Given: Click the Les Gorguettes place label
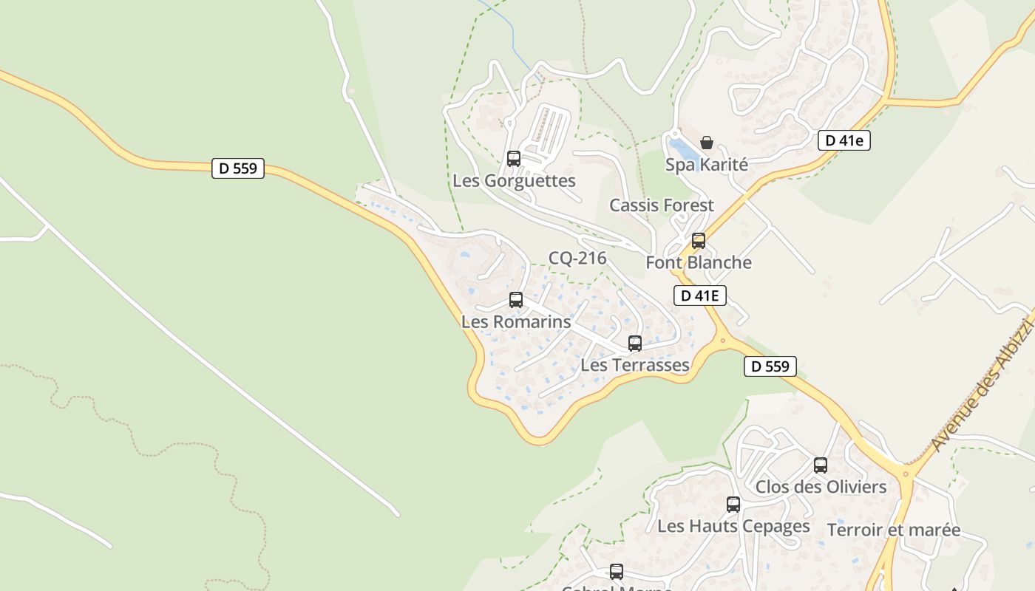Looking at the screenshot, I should pos(514,181).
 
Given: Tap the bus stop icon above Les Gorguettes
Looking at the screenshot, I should pos(513,158).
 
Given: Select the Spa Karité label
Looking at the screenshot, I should pos(707,165).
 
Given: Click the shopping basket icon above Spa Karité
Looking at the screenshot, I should pos(707,143).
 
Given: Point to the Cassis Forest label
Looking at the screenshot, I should pos(662,205).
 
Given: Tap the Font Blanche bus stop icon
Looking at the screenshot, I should pos(699,240).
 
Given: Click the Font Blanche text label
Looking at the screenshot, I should pos(699,262).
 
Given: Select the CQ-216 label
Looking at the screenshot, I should pos(577,258).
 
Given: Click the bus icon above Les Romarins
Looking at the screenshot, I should pos(516,299).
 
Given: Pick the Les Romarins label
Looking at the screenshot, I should pos(516,322).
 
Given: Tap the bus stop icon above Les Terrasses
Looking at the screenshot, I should pos(635,343).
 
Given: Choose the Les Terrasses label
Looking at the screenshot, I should pos(635,365).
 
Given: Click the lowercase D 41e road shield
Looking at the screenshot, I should pos(844,140).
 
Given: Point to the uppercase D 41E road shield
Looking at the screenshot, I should pos(700,295).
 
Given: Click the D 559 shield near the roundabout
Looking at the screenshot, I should pos(770,366).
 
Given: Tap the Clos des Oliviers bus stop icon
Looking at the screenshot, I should pos(821,465).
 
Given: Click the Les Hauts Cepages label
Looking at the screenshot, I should pos(733,527).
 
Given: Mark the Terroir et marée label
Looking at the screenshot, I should pos(894,530).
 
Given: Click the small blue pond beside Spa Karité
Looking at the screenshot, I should pos(681,148).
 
